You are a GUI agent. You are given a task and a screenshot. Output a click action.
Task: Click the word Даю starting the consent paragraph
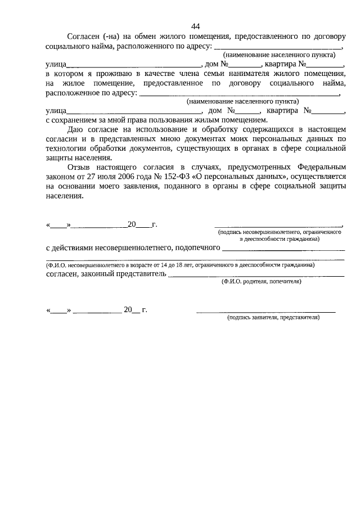tap(74, 129)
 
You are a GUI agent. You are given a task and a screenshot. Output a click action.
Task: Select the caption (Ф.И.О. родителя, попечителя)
tap(260, 282)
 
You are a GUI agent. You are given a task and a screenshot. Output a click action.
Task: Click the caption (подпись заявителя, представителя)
tap(273, 317)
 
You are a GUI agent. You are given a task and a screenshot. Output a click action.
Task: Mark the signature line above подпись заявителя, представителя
tap(265, 310)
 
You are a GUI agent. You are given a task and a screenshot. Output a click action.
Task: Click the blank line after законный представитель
tap(256, 276)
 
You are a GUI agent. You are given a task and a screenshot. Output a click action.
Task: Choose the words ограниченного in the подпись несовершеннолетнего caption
tap(322, 232)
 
